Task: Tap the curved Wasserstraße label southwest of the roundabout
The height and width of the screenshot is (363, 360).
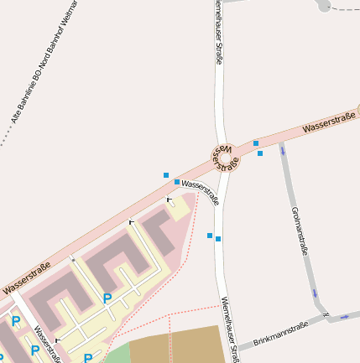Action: [x=201, y=192]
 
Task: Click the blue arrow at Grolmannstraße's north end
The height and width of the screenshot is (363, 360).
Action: [x=283, y=151]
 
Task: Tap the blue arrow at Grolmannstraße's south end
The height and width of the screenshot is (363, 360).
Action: [x=316, y=293]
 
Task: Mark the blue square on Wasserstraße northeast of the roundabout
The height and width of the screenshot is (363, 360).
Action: [x=256, y=143]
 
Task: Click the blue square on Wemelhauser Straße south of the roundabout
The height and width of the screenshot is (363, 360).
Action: [x=218, y=239]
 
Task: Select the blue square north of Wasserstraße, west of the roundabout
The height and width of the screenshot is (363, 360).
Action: [x=166, y=174]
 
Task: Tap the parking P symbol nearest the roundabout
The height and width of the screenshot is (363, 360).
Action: [x=107, y=298]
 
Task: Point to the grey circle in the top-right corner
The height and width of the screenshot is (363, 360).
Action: [x=324, y=5]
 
